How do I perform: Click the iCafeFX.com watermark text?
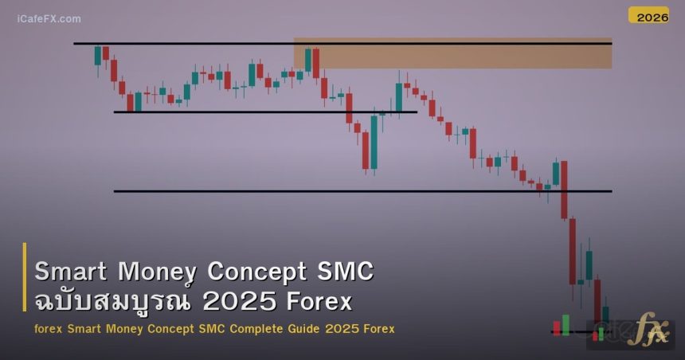tap(49, 18)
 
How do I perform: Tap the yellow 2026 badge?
tap(648, 15)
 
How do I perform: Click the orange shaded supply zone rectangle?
tap(452, 53)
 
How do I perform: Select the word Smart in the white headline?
tap(72, 272)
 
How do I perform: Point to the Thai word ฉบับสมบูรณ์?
tap(111, 303)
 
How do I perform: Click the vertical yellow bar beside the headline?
tap(25, 288)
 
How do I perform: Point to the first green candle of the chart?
tap(98, 55)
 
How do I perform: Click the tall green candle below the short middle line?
tap(374, 142)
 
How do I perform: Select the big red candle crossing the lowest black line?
tap(564, 190)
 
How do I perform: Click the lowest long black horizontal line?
tap(319, 191)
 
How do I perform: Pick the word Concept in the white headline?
tap(256, 272)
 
